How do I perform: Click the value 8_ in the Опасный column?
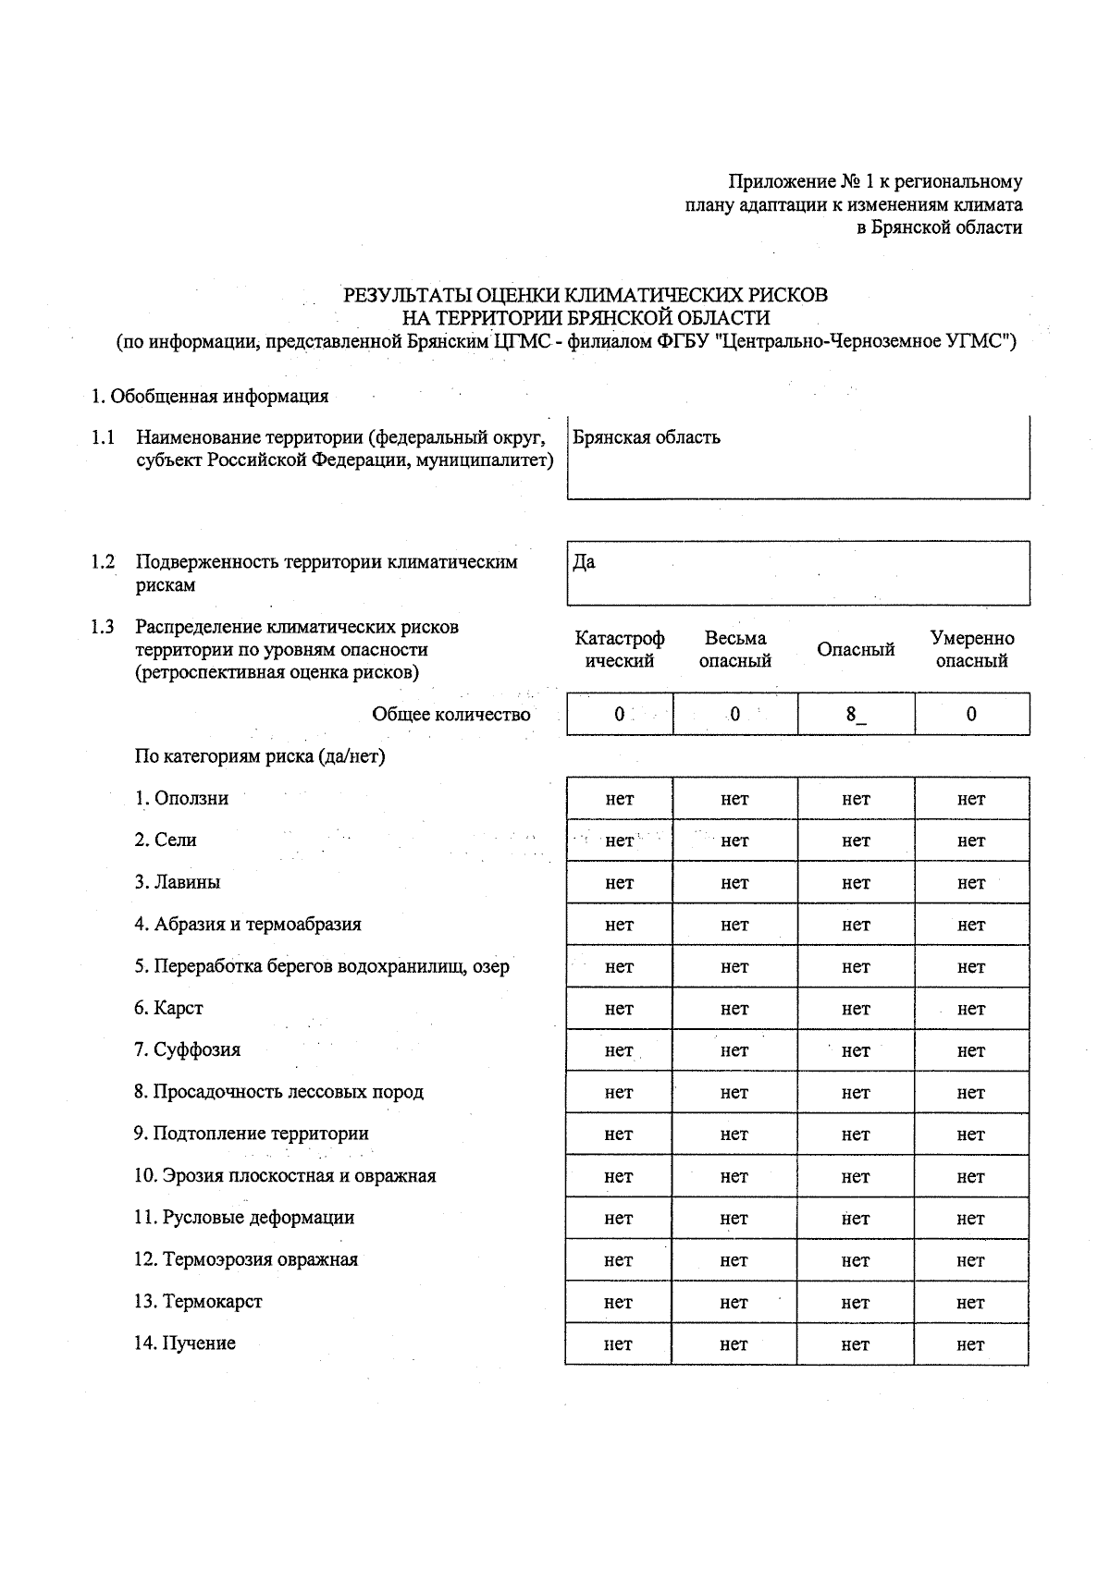click(855, 714)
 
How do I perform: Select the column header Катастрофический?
click(619, 649)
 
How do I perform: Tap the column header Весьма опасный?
click(734, 649)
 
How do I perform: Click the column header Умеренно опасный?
click(971, 649)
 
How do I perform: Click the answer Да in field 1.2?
click(584, 562)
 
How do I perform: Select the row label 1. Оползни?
click(181, 798)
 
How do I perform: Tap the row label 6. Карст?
click(168, 1008)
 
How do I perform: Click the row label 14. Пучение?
click(185, 1343)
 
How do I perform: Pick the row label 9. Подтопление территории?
click(251, 1134)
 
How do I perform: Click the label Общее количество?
click(451, 714)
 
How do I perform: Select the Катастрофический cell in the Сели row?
click(619, 840)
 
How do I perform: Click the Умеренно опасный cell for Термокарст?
click(970, 1302)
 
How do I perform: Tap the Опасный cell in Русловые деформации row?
click(855, 1219)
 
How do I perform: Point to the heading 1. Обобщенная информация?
click(210, 397)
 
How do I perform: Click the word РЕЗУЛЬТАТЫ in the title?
click(406, 296)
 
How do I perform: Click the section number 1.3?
click(102, 627)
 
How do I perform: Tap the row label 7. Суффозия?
click(187, 1049)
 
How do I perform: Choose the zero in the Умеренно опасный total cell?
click(970, 714)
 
